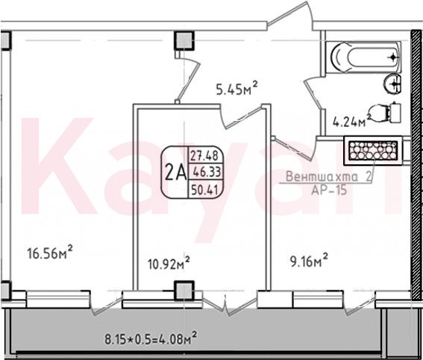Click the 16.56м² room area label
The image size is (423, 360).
[50, 252]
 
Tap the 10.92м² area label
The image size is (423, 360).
[169, 262]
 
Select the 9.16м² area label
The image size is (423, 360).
[309, 260]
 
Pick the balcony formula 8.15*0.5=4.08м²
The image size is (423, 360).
[150, 338]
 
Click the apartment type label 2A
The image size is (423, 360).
[175, 173]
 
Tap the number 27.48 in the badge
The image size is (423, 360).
[204, 156]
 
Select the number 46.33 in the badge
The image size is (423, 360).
[206, 172]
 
